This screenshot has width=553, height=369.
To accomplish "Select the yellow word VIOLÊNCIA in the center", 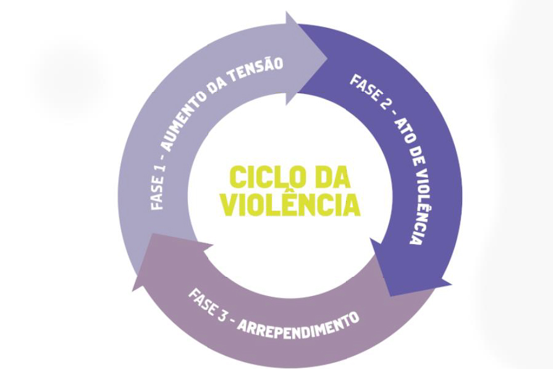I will (x=290, y=204).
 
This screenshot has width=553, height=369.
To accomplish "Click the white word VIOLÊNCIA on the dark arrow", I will (x=418, y=204).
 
